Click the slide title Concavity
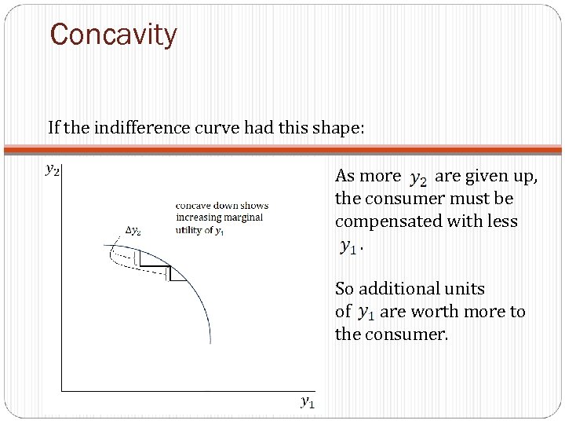(114, 35)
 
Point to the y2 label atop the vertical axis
(53, 168)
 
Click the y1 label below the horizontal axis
(308, 402)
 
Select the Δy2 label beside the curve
(133, 230)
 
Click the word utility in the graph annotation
(191, 229)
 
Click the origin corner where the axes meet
(62, 390)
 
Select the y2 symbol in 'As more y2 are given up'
(418, 178)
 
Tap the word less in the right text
(502, 221)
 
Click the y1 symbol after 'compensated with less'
(348, 247)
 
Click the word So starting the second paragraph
(344, 289)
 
